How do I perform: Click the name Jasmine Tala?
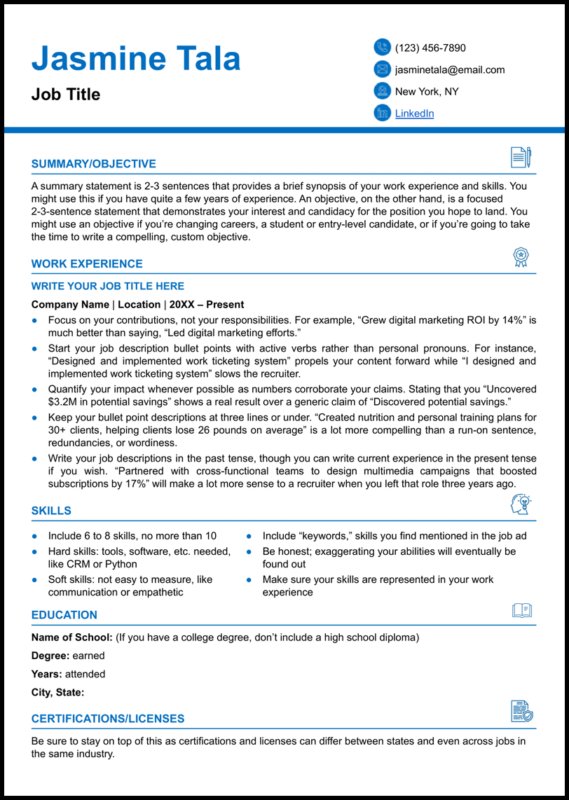(x=136, y=59)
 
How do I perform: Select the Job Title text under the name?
(x=66, y=95)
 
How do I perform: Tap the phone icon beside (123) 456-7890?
(x=382, y=47)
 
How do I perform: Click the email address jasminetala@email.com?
(x=450, y=69)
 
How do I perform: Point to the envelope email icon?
(x=382, y=69)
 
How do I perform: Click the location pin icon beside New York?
(x=382, y=90)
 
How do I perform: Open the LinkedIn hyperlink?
(x=414, y=113)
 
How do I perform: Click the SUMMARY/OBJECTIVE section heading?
(x=94, y=164)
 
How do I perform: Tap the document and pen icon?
(x=521, y=157)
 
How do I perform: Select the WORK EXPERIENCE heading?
(x=87, y=264)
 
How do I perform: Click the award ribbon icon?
(x=521, y=257)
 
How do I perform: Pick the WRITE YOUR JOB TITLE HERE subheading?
(x=108, y=286)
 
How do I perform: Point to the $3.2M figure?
(x=63, y=401)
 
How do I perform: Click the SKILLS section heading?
(x=51, y=511)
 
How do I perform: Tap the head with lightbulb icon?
(x=521, y=504)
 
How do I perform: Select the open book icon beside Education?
(x=521, y=610)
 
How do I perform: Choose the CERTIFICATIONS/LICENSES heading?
(x=108, y=719)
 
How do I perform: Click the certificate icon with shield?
(x=521, y=711)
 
